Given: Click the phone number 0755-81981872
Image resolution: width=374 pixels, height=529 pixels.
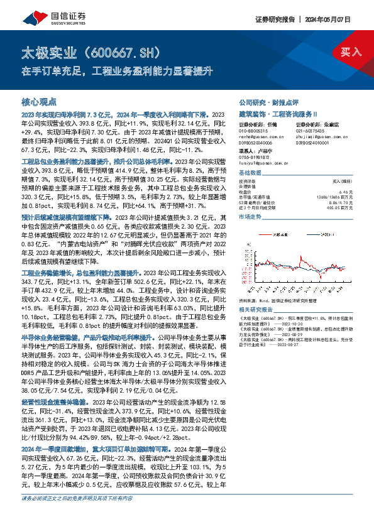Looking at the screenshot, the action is click(x=254, y=158).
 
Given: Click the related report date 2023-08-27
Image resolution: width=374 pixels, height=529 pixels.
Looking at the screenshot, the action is click(x=295, y=362).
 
